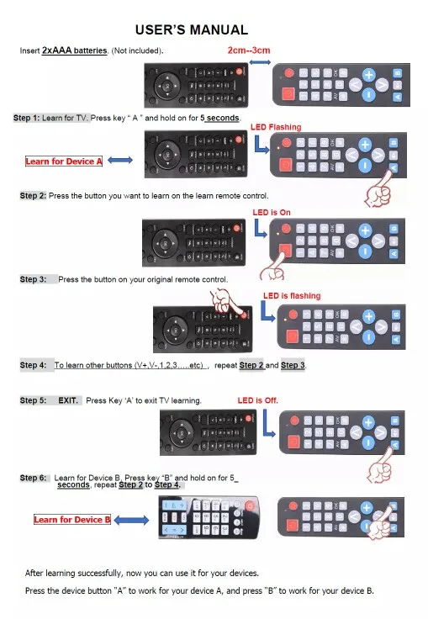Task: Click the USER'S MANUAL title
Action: click(192, 30)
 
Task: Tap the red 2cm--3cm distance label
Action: click(249, 50)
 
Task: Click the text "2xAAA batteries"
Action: click(74, 50)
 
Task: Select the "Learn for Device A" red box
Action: click(64, 161)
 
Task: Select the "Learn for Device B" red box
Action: click(72, 520)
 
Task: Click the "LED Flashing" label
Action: click(276, 127)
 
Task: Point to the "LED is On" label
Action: click(272, 213)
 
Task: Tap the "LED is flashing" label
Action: click(292, 296)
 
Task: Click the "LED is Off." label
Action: click(258, 400)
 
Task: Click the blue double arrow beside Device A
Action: click(120, 160)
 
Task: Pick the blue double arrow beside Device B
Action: click(131, 521)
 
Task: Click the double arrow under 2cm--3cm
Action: click(260, 62)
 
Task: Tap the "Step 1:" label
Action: click(26, 118)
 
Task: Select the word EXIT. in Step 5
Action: click(68, 400)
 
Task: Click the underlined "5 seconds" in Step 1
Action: click(219, 118)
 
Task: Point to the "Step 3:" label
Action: click(33, 279)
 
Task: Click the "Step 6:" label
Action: click(33, 478)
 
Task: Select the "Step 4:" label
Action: click(33, 365)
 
